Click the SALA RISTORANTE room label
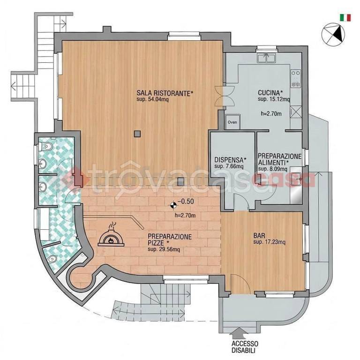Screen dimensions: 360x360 165,93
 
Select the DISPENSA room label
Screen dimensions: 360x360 230,159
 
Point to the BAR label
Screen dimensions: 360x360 259,236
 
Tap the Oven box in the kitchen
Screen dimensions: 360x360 232,122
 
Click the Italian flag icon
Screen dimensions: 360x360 345,18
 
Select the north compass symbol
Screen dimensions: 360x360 333,35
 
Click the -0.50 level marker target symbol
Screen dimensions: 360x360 173,205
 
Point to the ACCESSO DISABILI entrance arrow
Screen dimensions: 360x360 239,333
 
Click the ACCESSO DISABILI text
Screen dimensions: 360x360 245,347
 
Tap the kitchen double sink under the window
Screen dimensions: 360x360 266,58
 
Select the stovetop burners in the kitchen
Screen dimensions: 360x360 295,79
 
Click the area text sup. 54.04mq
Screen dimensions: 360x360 152,99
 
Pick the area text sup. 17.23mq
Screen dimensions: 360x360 270,242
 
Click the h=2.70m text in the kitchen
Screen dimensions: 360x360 271,113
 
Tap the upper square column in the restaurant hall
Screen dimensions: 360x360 137,134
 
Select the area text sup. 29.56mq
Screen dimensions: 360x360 164,249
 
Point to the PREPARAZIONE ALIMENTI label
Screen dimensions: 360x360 279,159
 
